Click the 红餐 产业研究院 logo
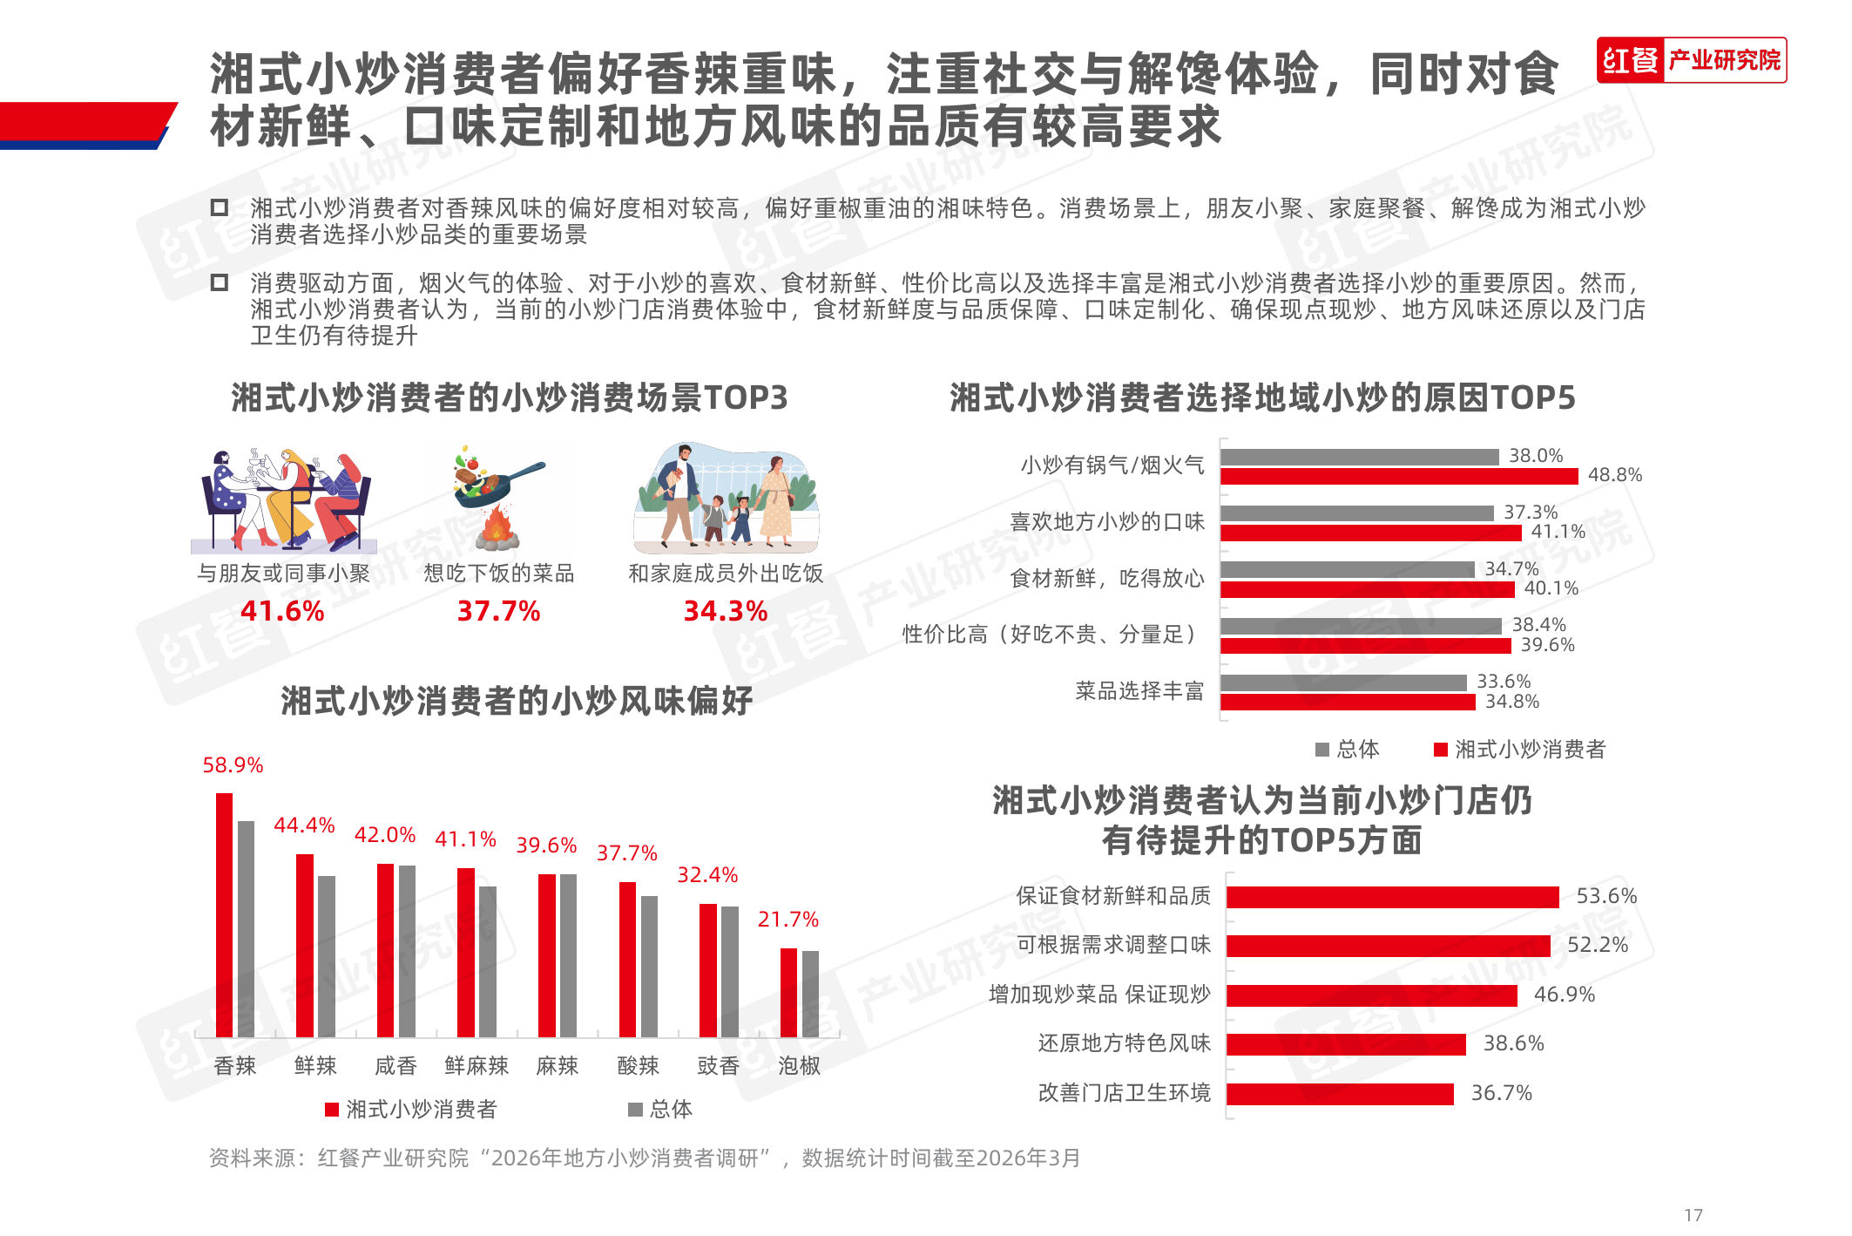tap(1691, 60)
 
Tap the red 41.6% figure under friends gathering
tap(282, 611)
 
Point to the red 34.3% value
tap(725, 611)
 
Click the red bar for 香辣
tap(224, 915)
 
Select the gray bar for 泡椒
tap(810, 994)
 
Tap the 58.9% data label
tap(233, 765)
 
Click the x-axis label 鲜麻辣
tap(477, 1066)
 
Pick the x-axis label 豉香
tap(719, 1066)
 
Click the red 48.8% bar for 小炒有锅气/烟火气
tap(1398, 476)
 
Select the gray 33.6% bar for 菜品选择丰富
tap(1343, 683)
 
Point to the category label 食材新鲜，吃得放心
tap(1106, 579)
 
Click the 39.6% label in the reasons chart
tap(1547, 645)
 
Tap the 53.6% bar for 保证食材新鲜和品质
tap(1392, 897)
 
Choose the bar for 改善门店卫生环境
tap(1340, 1094)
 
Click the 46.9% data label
tap(1564, 995)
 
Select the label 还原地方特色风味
tap(1124, 1043)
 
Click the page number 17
tap(1693, 1214)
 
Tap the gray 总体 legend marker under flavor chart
tap(635, 1110)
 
